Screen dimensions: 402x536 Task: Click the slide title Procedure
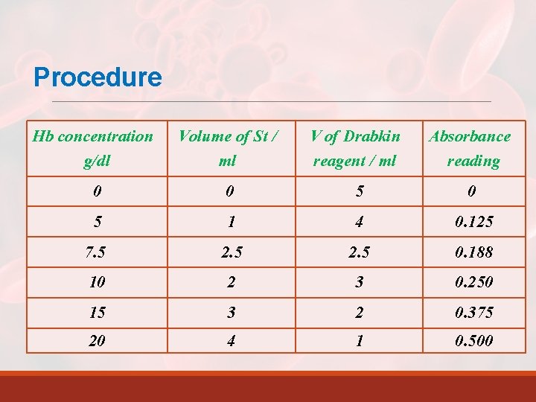(x=98, y=77)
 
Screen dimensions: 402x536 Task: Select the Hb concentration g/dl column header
(x=93, y=148)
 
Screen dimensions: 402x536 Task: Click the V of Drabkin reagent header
(x=355, y=148)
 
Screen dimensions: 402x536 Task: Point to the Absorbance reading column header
(x=470, y=148)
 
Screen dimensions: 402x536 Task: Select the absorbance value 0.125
(x=473, y=223)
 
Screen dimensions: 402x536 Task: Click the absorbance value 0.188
(x=473, y=252)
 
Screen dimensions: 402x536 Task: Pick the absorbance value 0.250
(x=473, y=282)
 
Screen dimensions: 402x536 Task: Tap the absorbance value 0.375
(x=473, y=312)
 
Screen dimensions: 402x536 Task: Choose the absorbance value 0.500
(x=473, y=342)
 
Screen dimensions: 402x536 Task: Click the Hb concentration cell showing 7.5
(x=97, y=252)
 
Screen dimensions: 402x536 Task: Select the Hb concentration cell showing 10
(x=97, y=282)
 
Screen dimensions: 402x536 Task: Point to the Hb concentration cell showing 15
(x=97, y=312)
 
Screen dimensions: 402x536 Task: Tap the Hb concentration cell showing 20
(x=97, y=342)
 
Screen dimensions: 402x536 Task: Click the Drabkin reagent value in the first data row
(x=360, y=192)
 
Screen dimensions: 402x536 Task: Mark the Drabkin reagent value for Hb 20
(x=360, y=342)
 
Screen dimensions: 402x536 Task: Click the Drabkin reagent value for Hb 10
(x=360, y=282)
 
